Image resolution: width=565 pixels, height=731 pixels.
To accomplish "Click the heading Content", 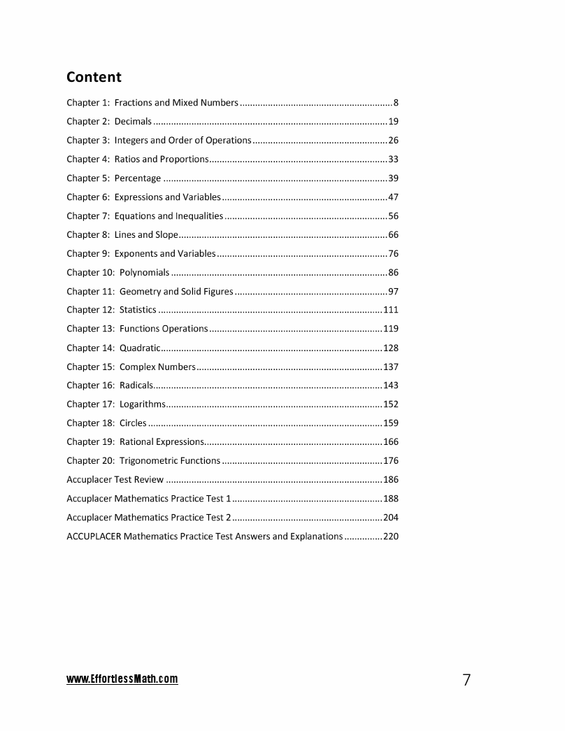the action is (x=94, y=77).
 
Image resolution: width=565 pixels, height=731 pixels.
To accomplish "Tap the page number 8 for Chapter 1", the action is (x=396, y=103).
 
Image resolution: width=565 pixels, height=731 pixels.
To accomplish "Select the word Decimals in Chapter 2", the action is (x=133, y=122).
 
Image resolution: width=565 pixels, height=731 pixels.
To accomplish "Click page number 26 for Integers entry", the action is (x=393, y=141).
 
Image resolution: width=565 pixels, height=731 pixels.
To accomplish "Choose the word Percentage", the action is (x=138, y=178).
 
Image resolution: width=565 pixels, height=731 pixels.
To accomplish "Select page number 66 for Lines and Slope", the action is (x=393, y=235).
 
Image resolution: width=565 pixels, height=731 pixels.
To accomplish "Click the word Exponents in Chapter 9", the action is (x=136, y=254).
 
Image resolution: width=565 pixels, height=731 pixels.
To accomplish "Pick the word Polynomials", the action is (x=144, y=273).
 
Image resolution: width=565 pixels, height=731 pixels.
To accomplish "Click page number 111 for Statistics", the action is (x=390, y=310).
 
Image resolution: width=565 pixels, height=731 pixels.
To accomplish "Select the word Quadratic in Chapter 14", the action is (x=140, y=348).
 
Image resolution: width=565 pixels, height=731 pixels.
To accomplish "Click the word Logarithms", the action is (x=143, y=404).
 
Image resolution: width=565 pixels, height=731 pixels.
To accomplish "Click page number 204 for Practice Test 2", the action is (x=390, y=518).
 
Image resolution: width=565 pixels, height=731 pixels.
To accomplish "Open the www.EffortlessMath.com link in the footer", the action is (x=122, y=679).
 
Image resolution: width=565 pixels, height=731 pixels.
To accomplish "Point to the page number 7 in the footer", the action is (x=466, y=680).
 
